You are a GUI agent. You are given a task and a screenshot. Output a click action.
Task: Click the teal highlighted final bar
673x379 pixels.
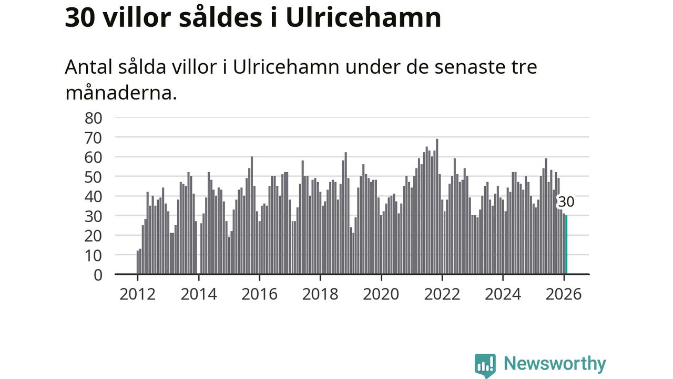pyautogui.click(x=566, y=245)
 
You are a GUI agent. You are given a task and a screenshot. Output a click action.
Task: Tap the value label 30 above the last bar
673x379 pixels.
pyautogui.click(x=566, y=202)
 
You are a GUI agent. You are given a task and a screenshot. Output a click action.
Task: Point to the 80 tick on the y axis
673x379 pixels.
pyautogui.click(x=93, y=117)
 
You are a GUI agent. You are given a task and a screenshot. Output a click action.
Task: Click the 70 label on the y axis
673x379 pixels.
pyautogui.click(x=93, y=137)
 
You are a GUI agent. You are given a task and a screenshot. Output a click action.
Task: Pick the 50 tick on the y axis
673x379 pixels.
pyautogui.click(x=93, y=177)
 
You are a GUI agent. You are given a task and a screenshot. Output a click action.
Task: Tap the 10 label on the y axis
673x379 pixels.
pyautogui.click(x=93, y=255)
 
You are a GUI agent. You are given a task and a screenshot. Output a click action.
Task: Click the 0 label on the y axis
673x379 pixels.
pyautogui.click(x=97, y=275)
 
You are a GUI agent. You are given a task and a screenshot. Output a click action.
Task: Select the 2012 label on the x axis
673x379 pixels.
pyautogui.click(x=137, y=294)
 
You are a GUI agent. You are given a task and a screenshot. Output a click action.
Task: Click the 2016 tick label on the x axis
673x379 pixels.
pyautogui.click(x=259, y=294)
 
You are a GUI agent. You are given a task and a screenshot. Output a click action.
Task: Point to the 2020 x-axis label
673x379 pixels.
pyautogui.click(x=381, y=294)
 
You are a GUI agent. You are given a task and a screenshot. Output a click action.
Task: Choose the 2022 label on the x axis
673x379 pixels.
pyautogui.click(x=442, y=294)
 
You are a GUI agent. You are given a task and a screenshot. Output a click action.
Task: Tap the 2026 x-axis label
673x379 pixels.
pyautogui.click(x=564, y=294)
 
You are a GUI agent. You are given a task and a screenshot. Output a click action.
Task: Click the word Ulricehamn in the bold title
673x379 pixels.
pyautogui.click(x=363, y=18)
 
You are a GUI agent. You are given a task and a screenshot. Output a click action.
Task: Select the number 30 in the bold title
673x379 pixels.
pyautogui.click(x=80, y=18)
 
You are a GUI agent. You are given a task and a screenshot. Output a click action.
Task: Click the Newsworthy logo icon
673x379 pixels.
pyautogui.click(x=485, y=365)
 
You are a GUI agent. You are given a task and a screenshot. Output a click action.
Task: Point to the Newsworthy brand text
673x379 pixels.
pyautogui.click(x=555, y=364)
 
